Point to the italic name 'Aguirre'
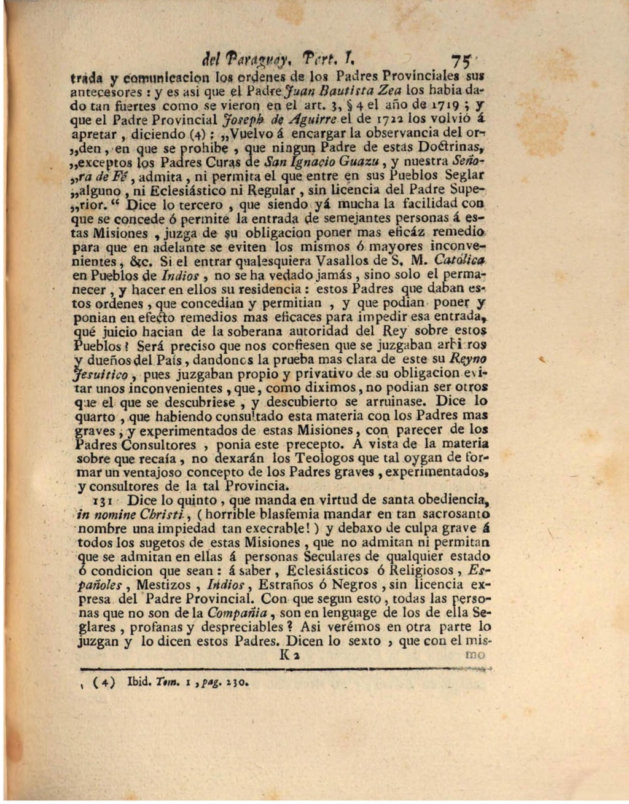coord(282,119)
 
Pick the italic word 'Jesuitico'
coord(101,374)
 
